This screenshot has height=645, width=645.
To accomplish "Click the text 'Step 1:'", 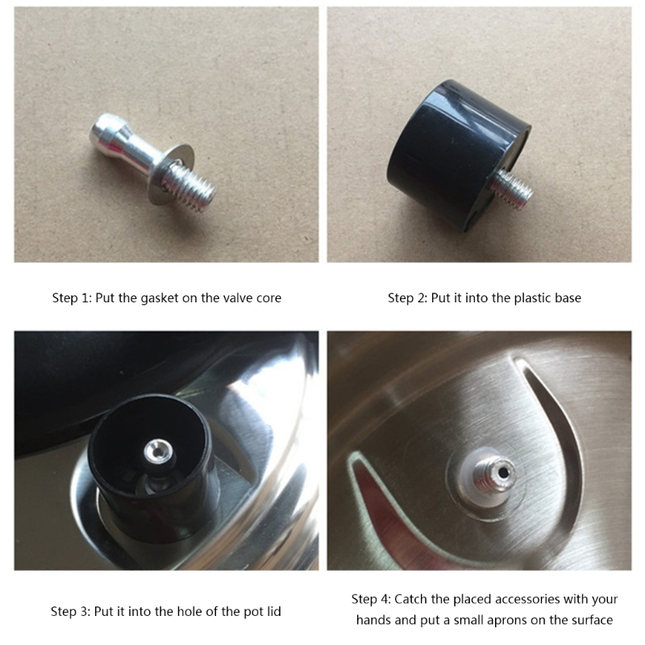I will pos(72,298).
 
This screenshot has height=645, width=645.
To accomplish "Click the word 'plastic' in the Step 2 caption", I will pos(522,298).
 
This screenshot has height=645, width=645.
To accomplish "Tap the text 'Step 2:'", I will pos(407,298).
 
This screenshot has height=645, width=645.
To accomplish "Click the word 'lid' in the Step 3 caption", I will pos(273,612).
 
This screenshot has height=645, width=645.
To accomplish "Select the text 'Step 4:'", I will pos(371,600).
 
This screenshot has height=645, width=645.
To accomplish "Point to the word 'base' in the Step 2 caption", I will pos(567,298).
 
